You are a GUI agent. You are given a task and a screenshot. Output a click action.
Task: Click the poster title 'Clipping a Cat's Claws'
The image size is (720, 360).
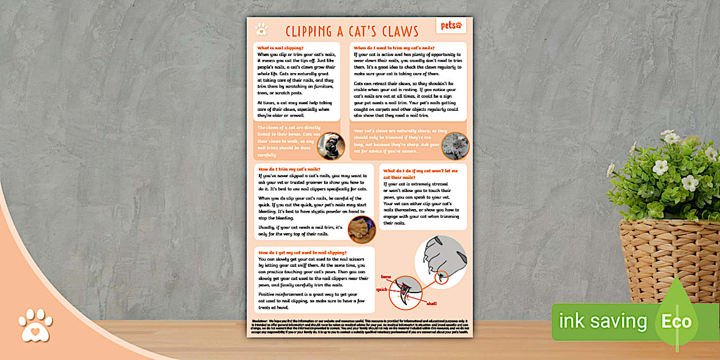point(352,31)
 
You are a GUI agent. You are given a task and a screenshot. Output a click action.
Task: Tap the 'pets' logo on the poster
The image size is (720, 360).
point(451,26)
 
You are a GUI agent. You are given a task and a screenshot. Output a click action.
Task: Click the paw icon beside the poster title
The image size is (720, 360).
point(262,29)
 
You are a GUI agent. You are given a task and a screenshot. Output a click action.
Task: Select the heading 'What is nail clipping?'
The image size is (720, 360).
point(281,48)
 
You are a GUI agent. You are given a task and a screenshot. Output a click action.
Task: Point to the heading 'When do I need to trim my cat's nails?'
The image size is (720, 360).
point(394,48)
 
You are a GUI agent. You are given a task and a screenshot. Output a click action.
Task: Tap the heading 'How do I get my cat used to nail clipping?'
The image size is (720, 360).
point(302,252)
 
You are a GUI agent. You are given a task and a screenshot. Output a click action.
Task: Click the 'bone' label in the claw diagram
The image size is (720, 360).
point(386,277)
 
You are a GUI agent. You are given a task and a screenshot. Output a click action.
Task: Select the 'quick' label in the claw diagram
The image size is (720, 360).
point(381,290)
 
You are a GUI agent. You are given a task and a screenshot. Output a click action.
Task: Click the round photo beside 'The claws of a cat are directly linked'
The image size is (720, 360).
point(331,146)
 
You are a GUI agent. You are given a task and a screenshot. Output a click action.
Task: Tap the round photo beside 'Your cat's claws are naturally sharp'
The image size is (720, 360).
point(455,146)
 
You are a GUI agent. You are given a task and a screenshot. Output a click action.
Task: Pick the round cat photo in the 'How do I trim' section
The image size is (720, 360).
point(362,229)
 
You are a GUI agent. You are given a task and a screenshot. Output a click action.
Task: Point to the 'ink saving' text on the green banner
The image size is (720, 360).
point(602,322)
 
